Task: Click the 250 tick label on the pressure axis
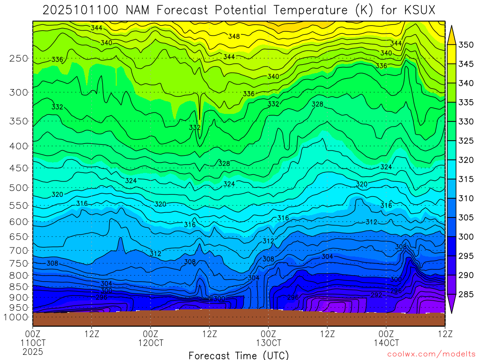(19, 59)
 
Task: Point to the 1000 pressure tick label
(17, 317)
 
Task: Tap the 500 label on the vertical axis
(19, 187)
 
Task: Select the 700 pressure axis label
(19, 250)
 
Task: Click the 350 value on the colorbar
(466, 45)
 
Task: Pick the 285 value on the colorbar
(466, 294)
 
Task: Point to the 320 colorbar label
(466, 160)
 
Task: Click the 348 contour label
(234, 37)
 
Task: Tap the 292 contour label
(376, 295)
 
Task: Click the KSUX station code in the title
(420, 9)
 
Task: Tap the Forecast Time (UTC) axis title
(239, 355)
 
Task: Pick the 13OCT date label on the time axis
(269, 343)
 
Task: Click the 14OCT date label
(386, 343)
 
